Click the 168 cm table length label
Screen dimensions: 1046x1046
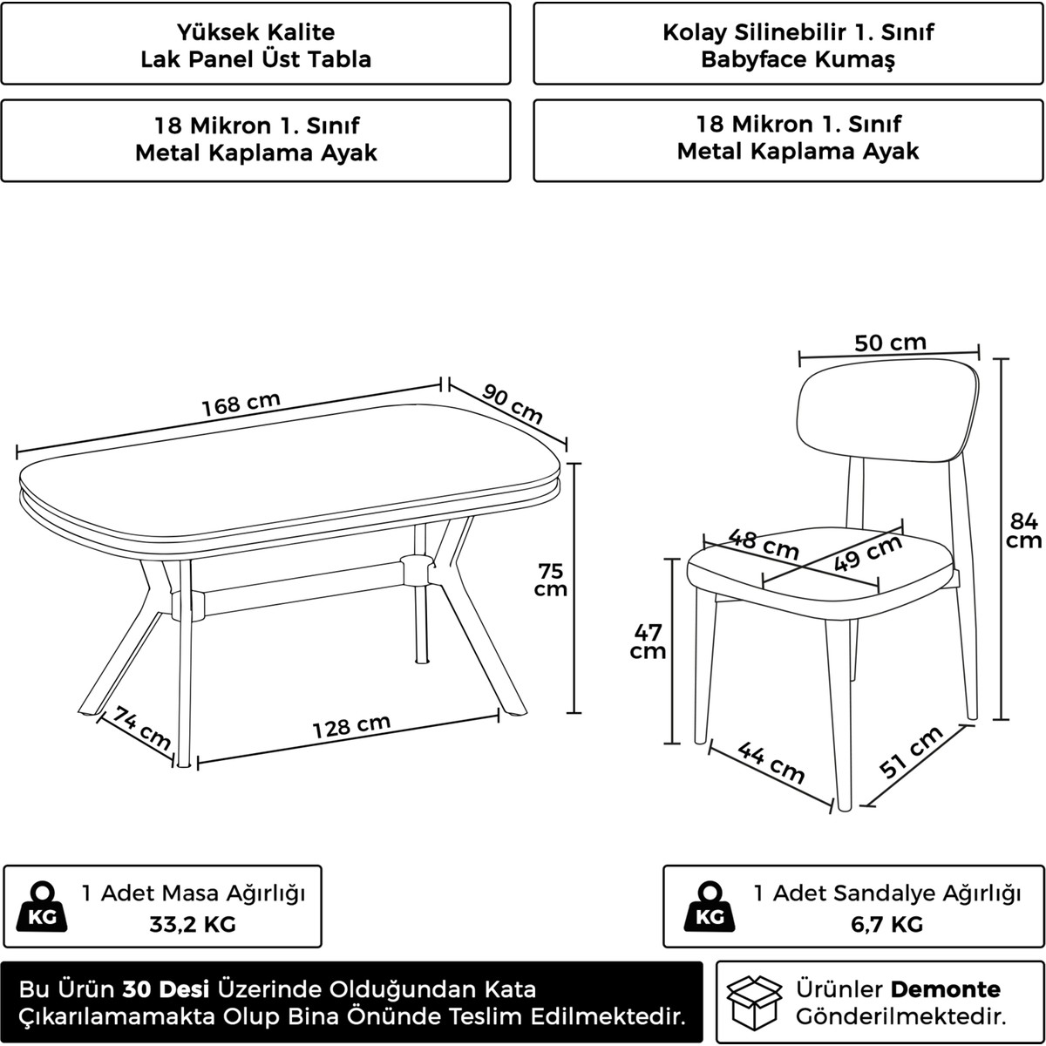click(x=241, y=404)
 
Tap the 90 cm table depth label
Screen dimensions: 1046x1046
click(x=513, y=404)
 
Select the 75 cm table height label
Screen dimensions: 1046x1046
click(x=550, y=580)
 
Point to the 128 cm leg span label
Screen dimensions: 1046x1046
click(x=352, y=726)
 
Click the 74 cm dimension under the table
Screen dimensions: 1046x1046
click(x=142, y=728)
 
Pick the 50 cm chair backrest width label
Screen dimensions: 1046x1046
click(x=890, y=343)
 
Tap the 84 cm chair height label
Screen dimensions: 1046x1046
click(x=1023, y=530)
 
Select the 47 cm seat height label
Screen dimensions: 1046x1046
click(x=648, y=641)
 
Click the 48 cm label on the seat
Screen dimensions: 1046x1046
click(x=764, y=544)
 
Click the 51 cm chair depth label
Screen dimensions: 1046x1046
click(x=912, y=751)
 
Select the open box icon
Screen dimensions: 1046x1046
click(x=754, y=1002)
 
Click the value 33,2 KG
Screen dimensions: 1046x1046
click(x=193, y=924)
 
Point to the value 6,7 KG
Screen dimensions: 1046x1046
click(x=887, y=924)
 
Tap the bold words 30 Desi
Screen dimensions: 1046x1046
click(x=166, y=989)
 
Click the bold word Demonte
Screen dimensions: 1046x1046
click(x=946, y=989)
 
